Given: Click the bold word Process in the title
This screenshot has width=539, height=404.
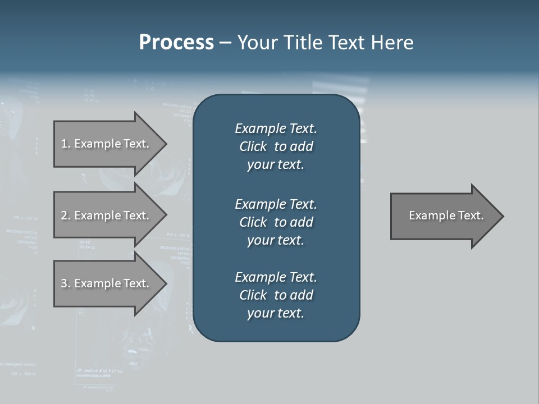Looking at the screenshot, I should [176, 43].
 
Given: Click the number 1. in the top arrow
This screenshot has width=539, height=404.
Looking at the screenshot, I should [66, 144].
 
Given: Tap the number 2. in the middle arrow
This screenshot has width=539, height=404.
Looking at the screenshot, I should [66, 215].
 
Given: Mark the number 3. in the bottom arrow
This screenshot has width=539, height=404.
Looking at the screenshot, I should [66, 283].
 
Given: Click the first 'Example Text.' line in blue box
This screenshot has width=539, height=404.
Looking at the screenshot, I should [276, 128].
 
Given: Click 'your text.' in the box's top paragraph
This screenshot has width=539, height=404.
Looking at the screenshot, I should [276, 165].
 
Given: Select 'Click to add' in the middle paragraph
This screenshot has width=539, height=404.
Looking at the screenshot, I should [276, 222].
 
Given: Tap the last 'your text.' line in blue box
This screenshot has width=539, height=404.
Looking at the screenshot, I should [276, 313].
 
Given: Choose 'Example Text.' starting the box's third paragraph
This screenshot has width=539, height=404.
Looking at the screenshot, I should [276, 277].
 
